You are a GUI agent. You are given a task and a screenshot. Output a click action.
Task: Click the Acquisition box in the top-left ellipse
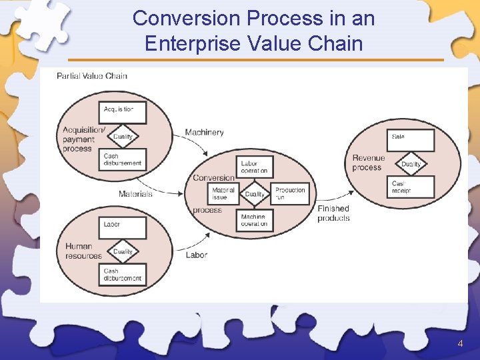click(x=123, y=112)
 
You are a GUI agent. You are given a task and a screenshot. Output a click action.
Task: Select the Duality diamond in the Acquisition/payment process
click(x=123, y=137)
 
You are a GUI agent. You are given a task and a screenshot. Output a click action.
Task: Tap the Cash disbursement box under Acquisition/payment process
click(x=123, y=159)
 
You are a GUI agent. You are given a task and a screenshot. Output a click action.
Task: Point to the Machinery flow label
click(x=204, y=133)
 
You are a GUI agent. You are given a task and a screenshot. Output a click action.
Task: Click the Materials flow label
click(x=135, y=194)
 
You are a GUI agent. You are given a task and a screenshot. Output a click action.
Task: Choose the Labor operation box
click(x=255, y=167)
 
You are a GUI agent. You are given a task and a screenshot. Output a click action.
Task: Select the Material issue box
click(x=224, y=193)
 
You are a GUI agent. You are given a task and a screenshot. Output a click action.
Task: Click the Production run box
click(x=291, y=193)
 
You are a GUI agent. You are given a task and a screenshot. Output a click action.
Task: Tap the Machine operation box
click(x=255, y=220)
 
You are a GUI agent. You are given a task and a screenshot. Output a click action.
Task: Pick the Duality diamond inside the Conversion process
click(x=255, y=194)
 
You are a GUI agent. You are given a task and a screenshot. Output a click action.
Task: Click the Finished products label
click(x=333, y=213)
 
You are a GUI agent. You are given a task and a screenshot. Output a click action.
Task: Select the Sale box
click(x=411, y=140)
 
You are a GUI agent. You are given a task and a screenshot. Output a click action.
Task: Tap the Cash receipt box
click(x=411, y=187)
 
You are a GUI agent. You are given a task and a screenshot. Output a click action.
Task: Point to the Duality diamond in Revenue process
click(x=411, y=164)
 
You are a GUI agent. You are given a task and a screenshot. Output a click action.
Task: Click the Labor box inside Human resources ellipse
click(x=123, y=227)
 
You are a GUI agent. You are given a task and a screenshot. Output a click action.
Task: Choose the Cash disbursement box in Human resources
click(x=123, y=274)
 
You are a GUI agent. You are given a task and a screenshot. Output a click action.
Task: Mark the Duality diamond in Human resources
click(x=123, y=251)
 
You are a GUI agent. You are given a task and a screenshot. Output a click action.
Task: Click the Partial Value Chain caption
click(x=92, y=76)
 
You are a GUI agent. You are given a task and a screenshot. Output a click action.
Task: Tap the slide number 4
click(x=460, y=344)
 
